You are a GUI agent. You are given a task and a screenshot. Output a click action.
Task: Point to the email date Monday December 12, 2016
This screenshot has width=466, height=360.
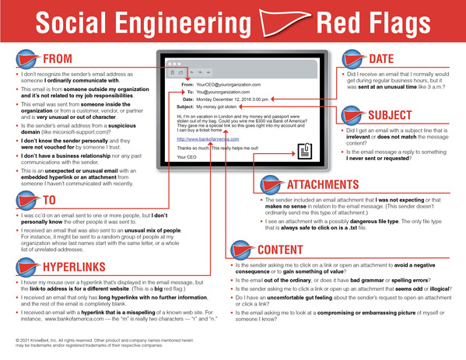227,100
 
